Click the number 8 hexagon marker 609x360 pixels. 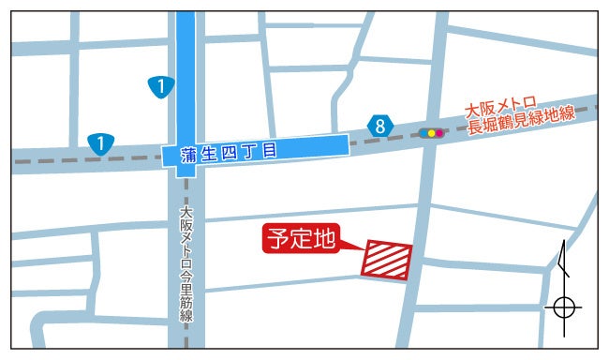pos(379,126)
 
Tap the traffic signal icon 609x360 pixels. pos(432,133)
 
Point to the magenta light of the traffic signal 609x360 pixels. pos(439,133)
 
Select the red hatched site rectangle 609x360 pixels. pos(387,260)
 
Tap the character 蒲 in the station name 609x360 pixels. pos(189,154)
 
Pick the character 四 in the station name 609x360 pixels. pos(230,152)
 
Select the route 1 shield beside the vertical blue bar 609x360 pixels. pos(162,87)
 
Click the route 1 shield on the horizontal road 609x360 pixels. pos(99,143)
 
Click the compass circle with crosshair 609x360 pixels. pos(563,307)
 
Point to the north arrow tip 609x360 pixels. pos(561,243)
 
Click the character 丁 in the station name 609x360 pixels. pos(250,151)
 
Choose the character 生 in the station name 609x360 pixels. pos(209,153)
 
